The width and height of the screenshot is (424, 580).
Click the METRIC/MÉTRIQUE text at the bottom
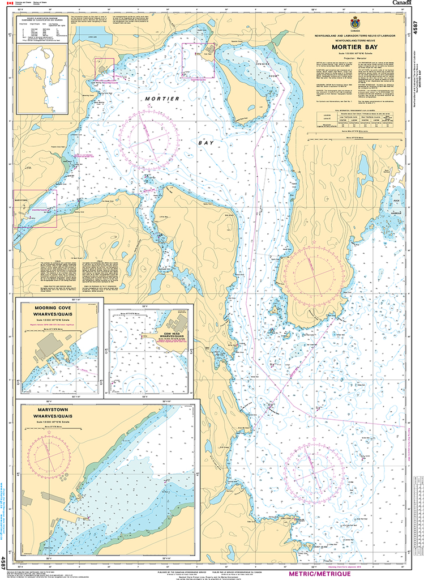click(320, 574)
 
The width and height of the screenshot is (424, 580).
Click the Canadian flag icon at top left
click(8, 5)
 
